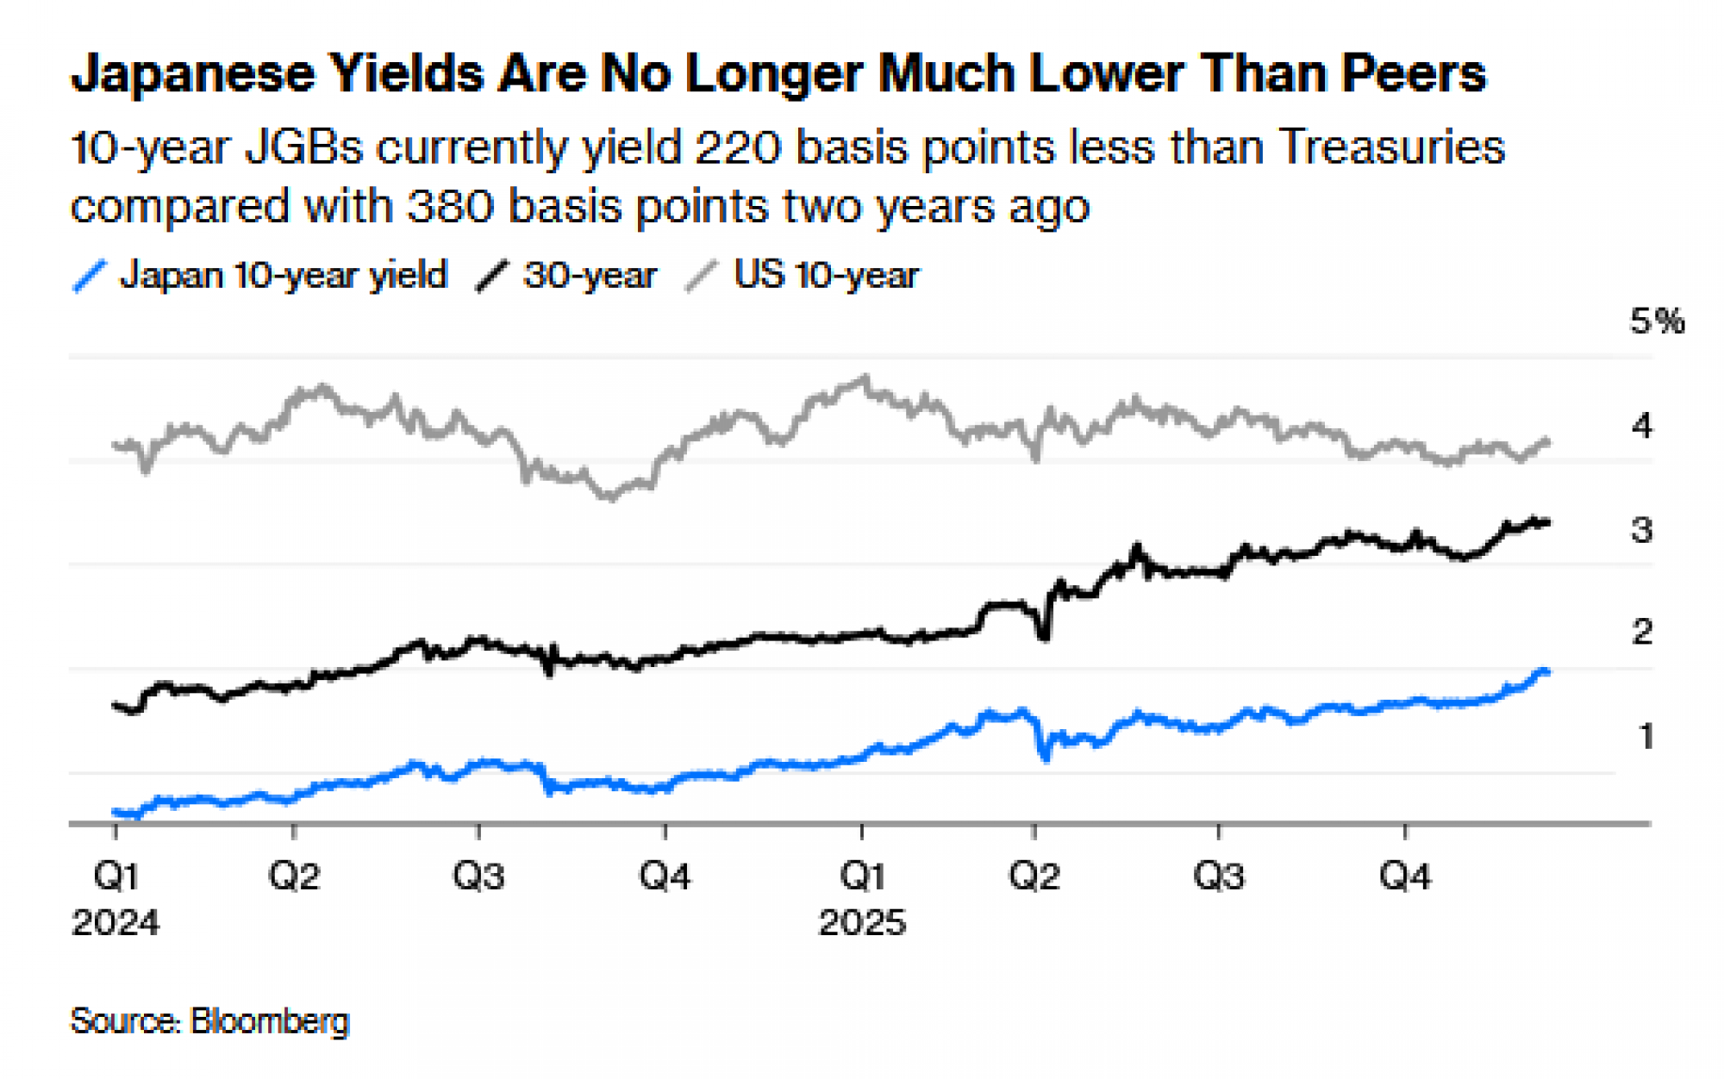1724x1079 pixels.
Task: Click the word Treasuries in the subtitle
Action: pos(1391,147)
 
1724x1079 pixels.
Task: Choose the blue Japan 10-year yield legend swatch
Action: pos(89,277)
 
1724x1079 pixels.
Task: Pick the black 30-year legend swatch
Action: pos(492,277)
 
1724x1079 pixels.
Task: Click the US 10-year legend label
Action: pos(826,276)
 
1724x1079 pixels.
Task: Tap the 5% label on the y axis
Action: pos(1656,321)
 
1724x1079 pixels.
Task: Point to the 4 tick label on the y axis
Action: pos(1642,426)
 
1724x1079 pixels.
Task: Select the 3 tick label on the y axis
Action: pos(1642,530)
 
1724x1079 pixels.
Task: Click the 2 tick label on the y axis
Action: pos(1642,633)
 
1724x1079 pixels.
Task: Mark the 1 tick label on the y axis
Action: pos(1646,737)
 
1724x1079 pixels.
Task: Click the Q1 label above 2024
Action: pos(116,876)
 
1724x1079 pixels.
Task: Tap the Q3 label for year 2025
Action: pos(1218,876)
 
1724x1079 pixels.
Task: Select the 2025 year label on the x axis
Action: pos(862,923)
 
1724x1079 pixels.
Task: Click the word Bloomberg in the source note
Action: pos(269,1021)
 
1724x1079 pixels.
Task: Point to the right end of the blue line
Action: pos(1546,672)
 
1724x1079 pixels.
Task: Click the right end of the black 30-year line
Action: pos(1548,522)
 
